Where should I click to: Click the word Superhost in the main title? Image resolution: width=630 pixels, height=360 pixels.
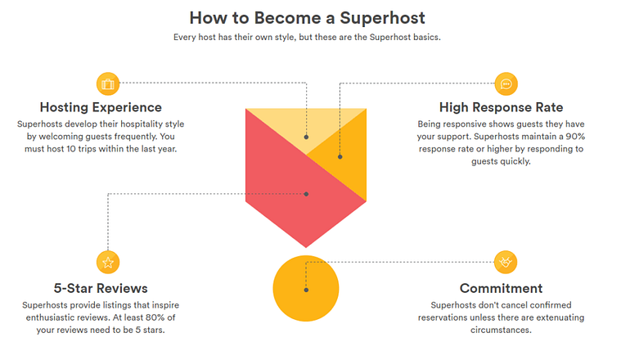(x=382, y=16)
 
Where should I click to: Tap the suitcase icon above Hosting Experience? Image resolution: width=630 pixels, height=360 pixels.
(x=107, y=83)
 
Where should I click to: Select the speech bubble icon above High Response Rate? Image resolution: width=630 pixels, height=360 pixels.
(x=506, y=83)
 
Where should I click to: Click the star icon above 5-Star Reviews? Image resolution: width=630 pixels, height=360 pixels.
(x=107, y=263)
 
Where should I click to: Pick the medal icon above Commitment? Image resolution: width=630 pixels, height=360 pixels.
(x=506, y=263)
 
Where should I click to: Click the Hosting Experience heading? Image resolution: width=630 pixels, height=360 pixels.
(x=101, y=107)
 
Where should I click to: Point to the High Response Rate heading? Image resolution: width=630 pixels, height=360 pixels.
(x=501, y=107)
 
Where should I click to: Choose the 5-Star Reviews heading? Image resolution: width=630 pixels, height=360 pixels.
(x=101, y=288)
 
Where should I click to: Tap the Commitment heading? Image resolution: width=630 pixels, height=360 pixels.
(x=501, y=288)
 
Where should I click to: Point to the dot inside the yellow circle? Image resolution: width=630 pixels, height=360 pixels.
(x=306, y=290)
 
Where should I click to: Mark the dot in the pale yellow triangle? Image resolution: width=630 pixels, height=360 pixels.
(x=306, y=137)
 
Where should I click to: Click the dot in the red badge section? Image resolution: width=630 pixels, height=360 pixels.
(x=306, y=194)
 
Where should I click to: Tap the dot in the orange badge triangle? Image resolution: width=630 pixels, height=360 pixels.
(x=340, y=155)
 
